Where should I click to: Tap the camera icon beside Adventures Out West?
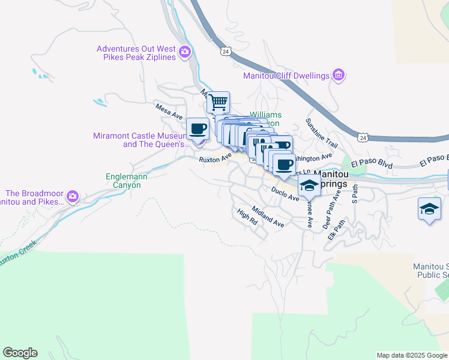[x=184, y=52]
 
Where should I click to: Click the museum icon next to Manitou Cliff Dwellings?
[x=339, y=75]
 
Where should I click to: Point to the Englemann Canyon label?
[x=123, y=181]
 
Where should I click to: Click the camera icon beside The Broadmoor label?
[x=73, y=197]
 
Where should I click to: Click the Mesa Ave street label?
[x=169, y=110]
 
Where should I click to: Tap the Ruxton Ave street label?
[x=215, y=157]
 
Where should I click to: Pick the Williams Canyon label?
[x=265, y=118]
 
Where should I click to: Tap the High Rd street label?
[x=247, y=217]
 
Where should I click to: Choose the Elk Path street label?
[x=337, y=230]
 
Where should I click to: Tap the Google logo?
[x=20, y=353]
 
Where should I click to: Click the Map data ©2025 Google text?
[x=412, y=355]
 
